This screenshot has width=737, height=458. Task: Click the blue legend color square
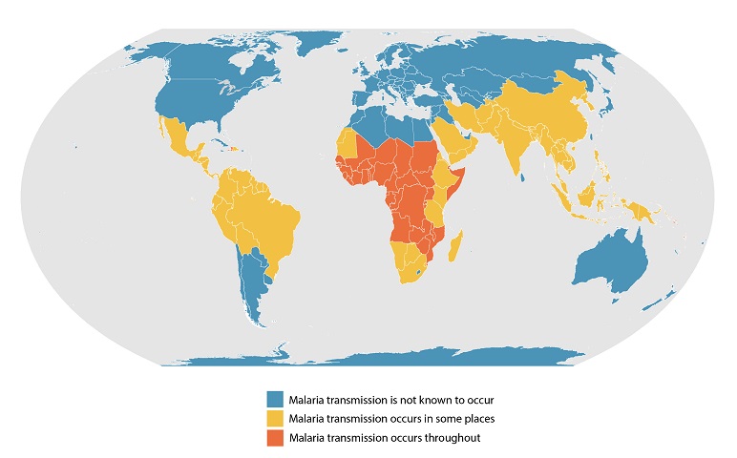pyautogui.click(x=275, y=398)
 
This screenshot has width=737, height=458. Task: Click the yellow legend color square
pyautogui.click(x=275, y=418)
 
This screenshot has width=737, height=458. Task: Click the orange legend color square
pyautogui.click(x=275, y=438)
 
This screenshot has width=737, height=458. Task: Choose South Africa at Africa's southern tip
pyautogui.click(x=411, y=274)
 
